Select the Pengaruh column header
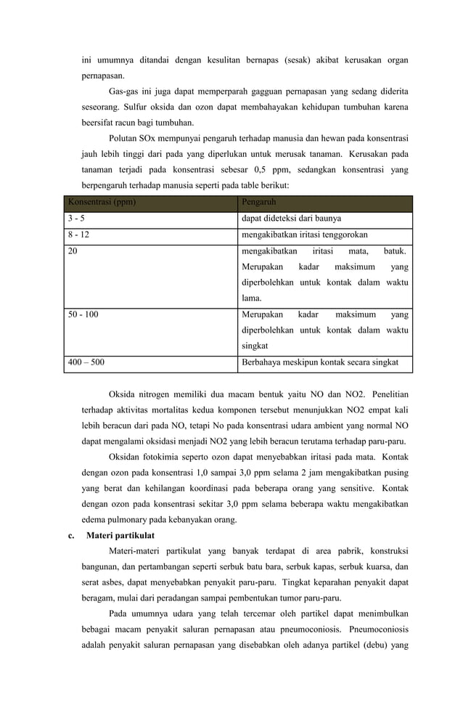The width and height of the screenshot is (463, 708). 258,202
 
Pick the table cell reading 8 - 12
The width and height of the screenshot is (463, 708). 78,235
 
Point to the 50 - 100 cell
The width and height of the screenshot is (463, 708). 83,315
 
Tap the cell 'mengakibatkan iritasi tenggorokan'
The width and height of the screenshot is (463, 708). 304,235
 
